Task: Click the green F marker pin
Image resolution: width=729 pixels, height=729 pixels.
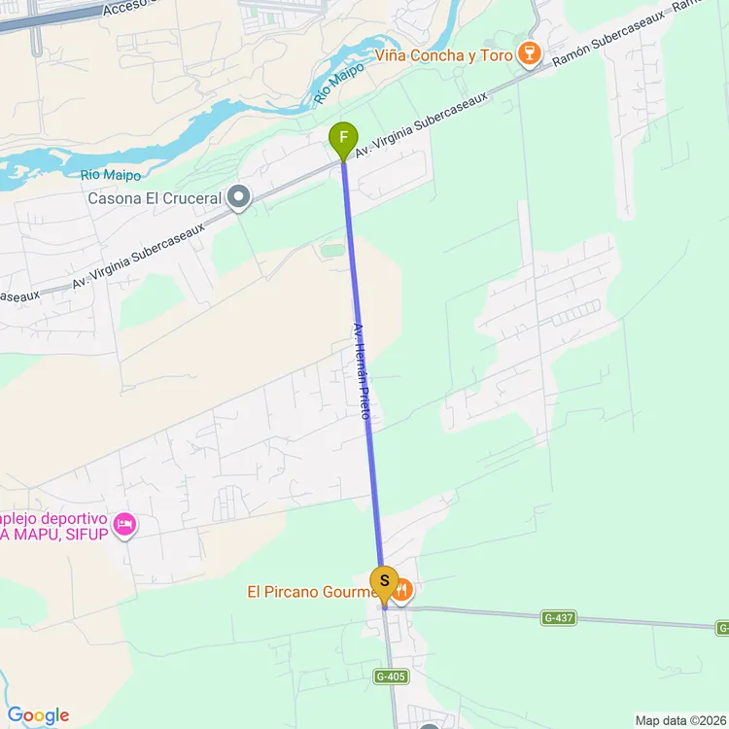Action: point(343,139)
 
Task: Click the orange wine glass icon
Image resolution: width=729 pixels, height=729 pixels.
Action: point(529,54)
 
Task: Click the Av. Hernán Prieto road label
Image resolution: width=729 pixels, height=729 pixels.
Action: point(362,371)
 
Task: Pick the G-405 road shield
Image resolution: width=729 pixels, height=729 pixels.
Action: point(390,677)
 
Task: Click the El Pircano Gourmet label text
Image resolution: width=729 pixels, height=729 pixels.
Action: point(311,591)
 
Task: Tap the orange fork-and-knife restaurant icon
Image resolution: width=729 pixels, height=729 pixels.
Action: point(402,590)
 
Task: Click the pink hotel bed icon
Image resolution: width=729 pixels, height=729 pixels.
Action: point(124,525)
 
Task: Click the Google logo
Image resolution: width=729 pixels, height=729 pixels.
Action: point(37,716)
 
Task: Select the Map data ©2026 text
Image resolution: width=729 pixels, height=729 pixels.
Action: point(678,720)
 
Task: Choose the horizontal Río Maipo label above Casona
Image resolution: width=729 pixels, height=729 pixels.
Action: point(111,175)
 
